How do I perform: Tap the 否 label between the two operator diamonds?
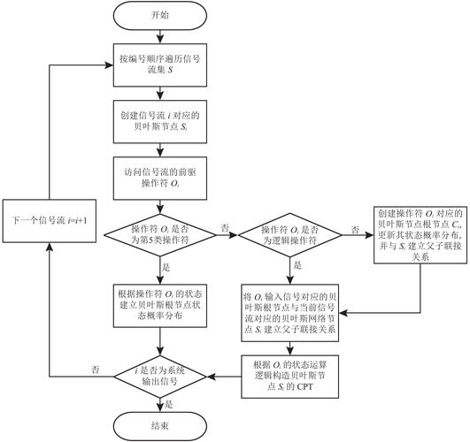click(224, 227)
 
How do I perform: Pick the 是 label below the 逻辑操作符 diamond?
click(297, 264)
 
